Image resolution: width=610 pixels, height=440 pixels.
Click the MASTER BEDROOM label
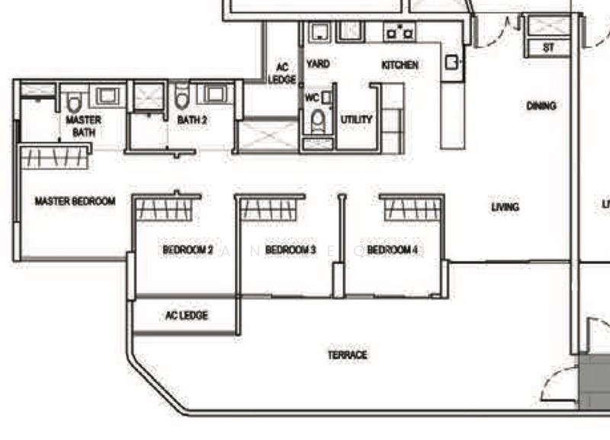pos(75,201)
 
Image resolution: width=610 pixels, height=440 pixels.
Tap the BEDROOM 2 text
pos(188,250)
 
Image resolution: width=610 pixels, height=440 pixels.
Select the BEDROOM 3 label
pos(291,250)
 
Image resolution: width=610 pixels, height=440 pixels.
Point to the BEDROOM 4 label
pos(392,250)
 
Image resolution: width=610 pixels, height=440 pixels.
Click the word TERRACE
pos(348,355)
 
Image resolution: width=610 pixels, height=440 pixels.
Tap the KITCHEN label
pos(400,66)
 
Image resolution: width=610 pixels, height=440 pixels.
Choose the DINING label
pos(541,105)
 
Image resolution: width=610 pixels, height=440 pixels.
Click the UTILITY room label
pos(356,120)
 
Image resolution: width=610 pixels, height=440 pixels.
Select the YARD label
pos(318,64)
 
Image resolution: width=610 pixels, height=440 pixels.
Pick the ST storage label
pos(548,47)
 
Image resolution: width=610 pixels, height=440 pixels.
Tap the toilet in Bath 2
pos(182,100)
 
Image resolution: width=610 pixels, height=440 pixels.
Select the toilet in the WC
pos(317,120)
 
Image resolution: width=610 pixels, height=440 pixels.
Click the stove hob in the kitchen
pos(400,32)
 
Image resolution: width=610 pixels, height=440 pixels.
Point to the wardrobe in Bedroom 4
pos(412,208)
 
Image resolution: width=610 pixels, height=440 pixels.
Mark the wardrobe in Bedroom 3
pos(270,208)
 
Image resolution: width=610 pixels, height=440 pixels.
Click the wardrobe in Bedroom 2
pos(167,208)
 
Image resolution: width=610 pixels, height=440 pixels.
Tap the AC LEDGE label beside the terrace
pos(186,316)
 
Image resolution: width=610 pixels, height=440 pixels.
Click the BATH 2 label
pos(192,120)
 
